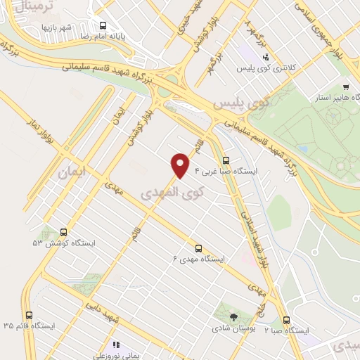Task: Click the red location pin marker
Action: point(181,165)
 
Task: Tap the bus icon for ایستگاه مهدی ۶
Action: point(198,247)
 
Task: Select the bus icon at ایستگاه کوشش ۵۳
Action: point(64,231)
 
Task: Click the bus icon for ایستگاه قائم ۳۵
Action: point(29,315)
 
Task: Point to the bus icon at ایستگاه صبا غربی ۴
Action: point(226,160)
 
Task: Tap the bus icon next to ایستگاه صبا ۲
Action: point(285,318)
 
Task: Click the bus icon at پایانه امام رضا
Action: point(103,24)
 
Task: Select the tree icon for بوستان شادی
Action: point(233,316)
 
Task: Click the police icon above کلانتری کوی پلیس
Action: point(265,58)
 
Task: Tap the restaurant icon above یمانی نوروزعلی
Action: point(116,345)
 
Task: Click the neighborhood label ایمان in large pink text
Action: point(72,171)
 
